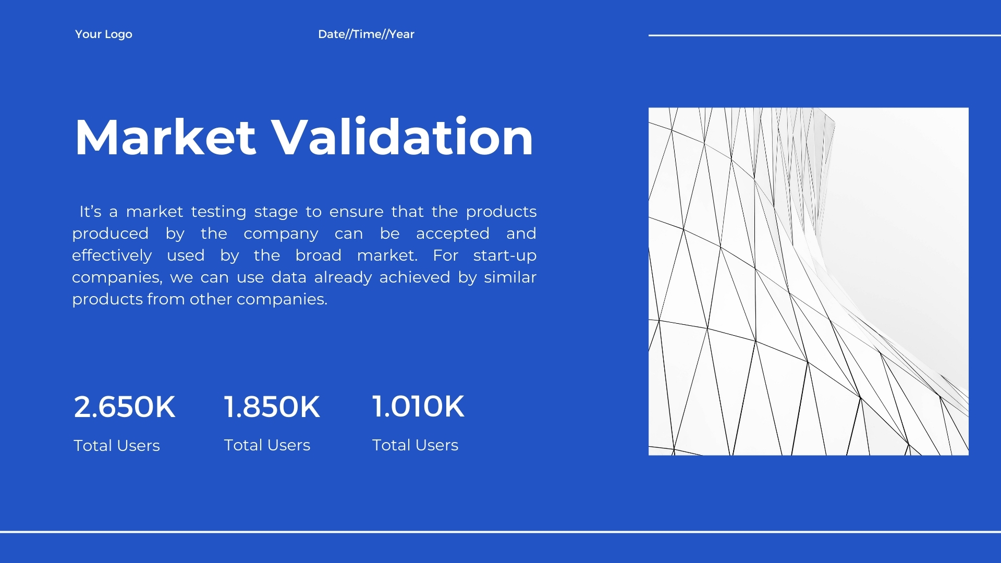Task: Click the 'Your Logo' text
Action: (x=104, y=34)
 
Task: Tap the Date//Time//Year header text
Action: (x=366, y=34)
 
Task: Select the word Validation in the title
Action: (x=404, y=137)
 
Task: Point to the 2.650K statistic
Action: (x=125, y=407)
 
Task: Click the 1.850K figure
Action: (x=272, y=407)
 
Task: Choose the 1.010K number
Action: (x=418, y=406)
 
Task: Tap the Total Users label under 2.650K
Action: (x=117, y=446)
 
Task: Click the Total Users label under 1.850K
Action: (x=267, y=445)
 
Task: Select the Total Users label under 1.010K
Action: (x=415, y=445)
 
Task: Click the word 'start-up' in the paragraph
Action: (x=505, y=256)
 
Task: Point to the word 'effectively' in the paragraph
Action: (x=112, y=256)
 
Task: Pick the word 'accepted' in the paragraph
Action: (x=453, y=234)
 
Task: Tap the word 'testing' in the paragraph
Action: (x=218, y=212)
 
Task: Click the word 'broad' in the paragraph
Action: (x=318, y=255)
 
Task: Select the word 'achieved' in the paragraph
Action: (x=414, y=277)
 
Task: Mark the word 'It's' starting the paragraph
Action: (x=91, y=212)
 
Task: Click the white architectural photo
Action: (x=809, y=281)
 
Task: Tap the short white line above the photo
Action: (x=825, y=35)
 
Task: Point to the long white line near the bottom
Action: (x=500, y=532)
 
